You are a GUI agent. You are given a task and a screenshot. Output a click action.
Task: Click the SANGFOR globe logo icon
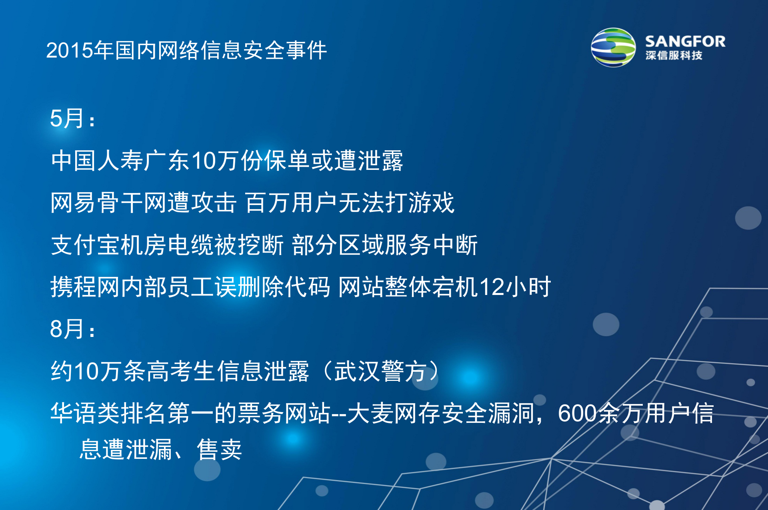click(613, 48)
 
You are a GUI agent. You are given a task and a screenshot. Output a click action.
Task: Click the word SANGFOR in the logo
click(685, 42)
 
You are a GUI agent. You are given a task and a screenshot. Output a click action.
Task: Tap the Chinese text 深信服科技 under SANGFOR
click(674, 56)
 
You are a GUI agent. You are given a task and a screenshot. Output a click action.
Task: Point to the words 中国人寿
click(97, 161)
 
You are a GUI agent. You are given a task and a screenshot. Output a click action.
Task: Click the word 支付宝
click(86, 245)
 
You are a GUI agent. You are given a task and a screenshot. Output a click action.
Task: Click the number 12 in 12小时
click(492, 287)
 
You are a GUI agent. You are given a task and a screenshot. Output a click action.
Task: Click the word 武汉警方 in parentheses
click(380, 371)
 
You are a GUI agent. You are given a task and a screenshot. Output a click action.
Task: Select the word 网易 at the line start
click(74, 203)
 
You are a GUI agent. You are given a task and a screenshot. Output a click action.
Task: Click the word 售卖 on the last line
click(220, 450)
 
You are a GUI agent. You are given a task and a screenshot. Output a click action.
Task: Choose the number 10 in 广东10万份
click(204, 161)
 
